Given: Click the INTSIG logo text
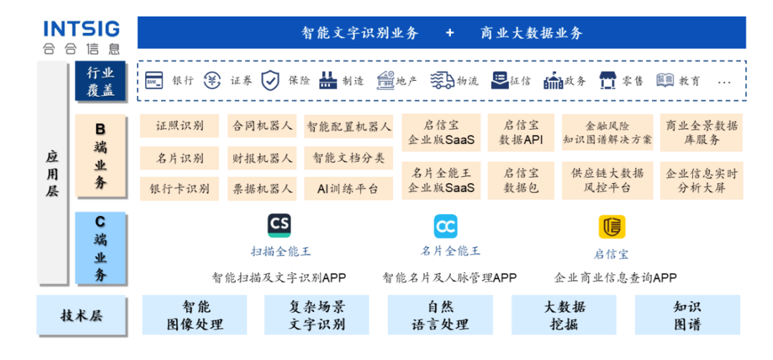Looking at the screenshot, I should tap(81, 29).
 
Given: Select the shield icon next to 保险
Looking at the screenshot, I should tap(270, 80).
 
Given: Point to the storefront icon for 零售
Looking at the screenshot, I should tap(608, 80).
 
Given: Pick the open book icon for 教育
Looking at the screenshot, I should tap(665, 80).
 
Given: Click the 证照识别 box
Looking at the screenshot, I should tap(179, 127).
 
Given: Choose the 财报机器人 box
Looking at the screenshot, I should tap(263, 157).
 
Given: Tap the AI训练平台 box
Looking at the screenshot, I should tap(349, 189).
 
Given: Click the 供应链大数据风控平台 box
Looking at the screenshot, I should tap(608, 180).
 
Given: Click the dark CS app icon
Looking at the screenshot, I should tap(279, 225).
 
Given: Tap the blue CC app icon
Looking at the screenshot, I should tap(445, 226).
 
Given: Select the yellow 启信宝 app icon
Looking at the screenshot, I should tap(611, 227).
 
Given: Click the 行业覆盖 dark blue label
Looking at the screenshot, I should tap(100, 82).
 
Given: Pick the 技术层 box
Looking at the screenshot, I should tap(82, 314).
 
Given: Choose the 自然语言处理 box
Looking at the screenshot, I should tap(440, 315).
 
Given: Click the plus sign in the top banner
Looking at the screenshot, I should tap(449, 33).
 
